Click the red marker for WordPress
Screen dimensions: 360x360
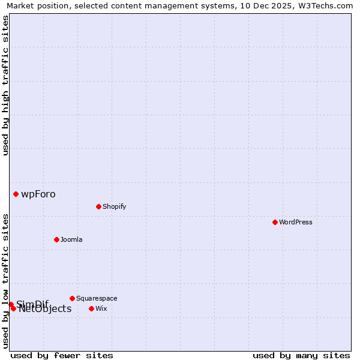click(275, 222)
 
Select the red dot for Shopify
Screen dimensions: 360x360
click(98, 206)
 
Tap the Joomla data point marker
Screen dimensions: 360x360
click(56, 239)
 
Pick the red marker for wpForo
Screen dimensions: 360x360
click(16, 194)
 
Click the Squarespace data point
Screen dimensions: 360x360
click(72, 298)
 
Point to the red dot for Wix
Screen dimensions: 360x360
click(91, 308)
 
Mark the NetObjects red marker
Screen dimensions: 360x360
click(13, 308)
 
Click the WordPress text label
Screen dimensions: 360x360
click(296, 222)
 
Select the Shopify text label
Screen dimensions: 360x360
click(115, 206)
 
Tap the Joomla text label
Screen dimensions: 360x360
click(71, 239)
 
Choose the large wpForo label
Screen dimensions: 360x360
click(38, 194)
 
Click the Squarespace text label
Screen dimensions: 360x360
click(97, 298)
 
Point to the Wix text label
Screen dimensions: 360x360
click(101, 308)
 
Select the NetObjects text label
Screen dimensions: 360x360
click(45, 309)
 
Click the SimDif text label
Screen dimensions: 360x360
click(32, 304)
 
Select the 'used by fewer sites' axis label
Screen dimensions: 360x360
click(62, 355)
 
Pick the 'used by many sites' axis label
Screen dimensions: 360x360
click(301, 355)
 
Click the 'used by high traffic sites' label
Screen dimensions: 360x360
click(5, 85)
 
